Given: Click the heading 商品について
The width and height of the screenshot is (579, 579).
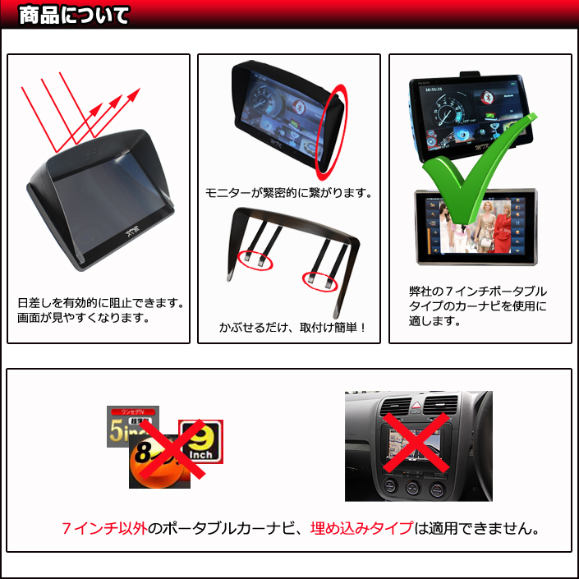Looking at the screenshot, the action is tap(74, 16).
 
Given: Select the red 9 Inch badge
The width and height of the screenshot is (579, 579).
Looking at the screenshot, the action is tap(201, 441).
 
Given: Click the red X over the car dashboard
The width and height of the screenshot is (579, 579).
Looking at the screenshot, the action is tap(416, 443).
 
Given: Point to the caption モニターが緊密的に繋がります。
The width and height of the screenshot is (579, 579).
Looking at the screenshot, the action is tap(289, 193).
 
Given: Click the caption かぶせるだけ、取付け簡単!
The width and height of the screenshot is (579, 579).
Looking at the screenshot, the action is tap(292, 327).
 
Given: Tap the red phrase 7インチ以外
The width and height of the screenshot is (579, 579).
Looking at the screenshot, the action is tap(104, 528).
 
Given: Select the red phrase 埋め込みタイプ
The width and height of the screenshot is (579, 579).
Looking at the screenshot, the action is tap(361, 528).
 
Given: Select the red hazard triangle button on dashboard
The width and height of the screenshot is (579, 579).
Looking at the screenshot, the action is tap(416, 405).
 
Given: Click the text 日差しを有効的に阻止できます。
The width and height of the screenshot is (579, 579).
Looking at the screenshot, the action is tap(101, 303).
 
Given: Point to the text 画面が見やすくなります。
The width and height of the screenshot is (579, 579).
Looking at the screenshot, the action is tap(84, 318).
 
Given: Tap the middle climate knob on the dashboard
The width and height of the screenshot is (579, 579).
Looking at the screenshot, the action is tap(413, 487).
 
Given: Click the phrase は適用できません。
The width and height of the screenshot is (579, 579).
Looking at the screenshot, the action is tap(477, 528).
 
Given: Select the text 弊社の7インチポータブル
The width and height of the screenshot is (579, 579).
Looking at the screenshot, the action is tap(478, 292).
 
